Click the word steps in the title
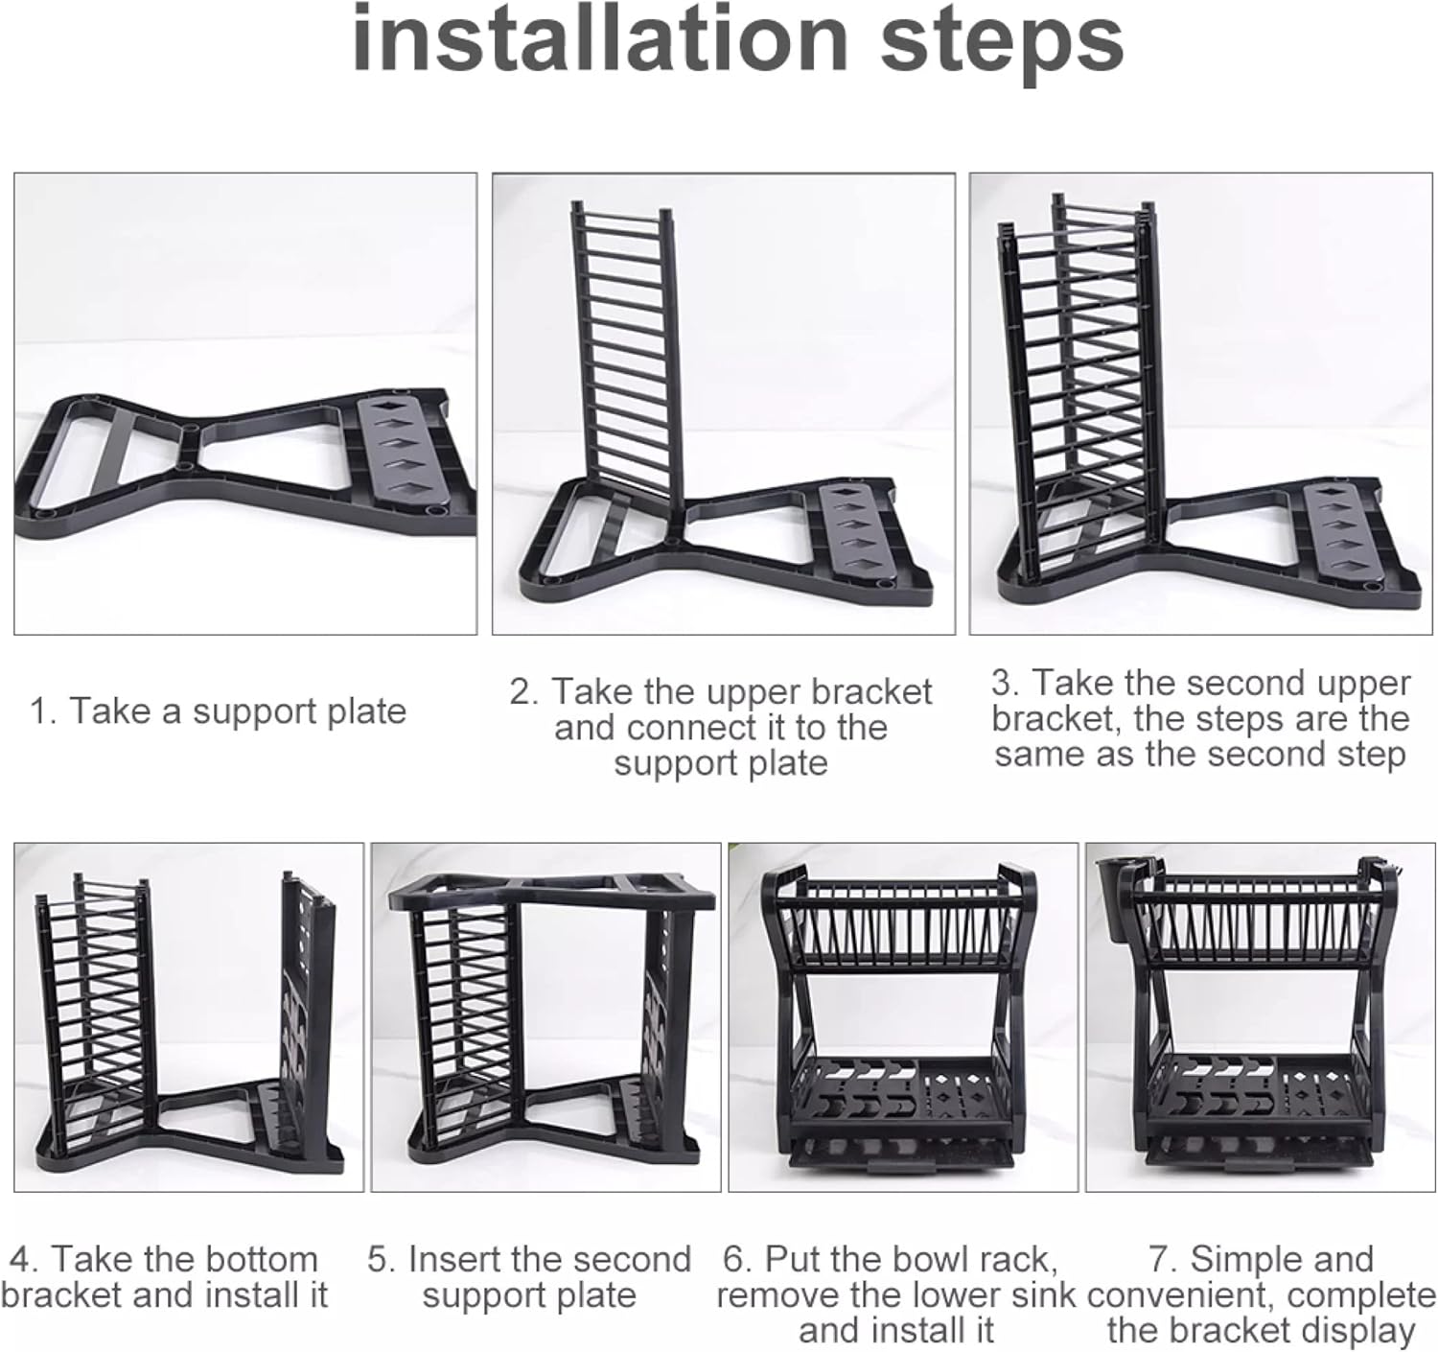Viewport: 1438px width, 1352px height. pyautogui.click(x=1002, y=45)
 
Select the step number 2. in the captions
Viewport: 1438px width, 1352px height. pyautogui.click(x=524, y=692)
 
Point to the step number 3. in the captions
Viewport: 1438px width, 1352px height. pyautogui.click(x=1005, y=683)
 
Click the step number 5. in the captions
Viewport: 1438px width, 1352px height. pyautogui.click(x=381, y=1259)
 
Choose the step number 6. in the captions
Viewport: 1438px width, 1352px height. pyautogui.click(x=738, y=1259)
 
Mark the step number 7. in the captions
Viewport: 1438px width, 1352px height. pyautogui.click(x=1165, y=1259)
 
